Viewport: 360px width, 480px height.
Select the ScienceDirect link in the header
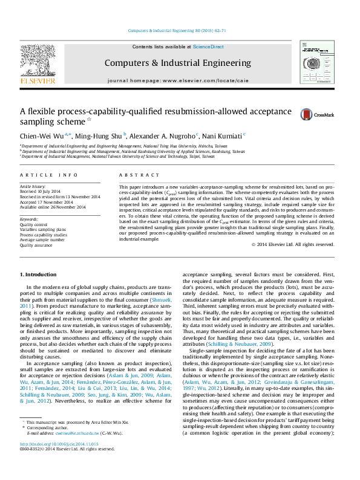point(208,47)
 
